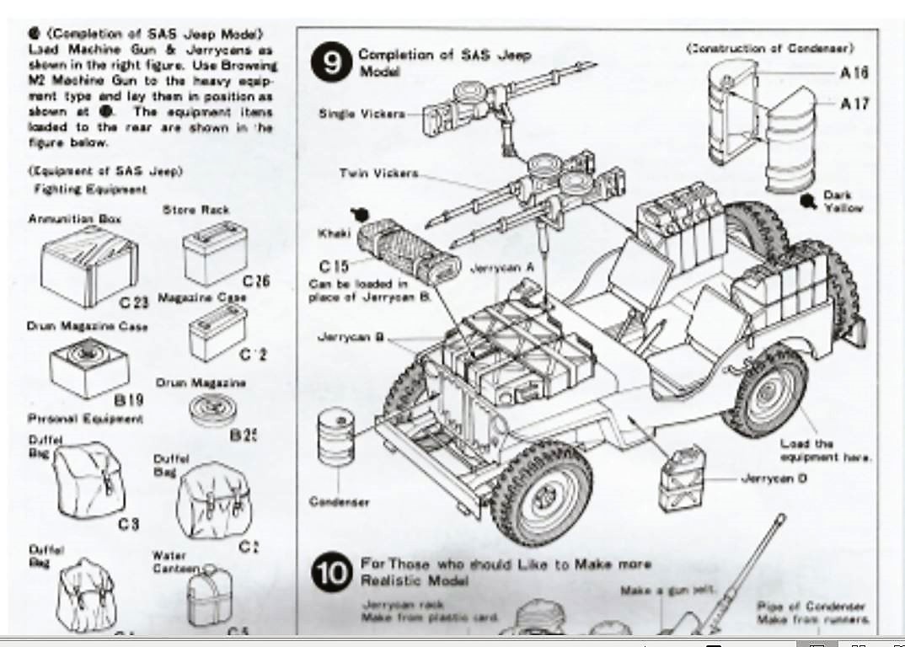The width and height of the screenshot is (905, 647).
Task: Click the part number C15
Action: (334, 267)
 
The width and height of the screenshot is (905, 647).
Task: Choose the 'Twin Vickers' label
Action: (378, 173)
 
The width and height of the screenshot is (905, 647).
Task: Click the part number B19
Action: (128, 401)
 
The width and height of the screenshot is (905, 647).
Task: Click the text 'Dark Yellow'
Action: (843, 201)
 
